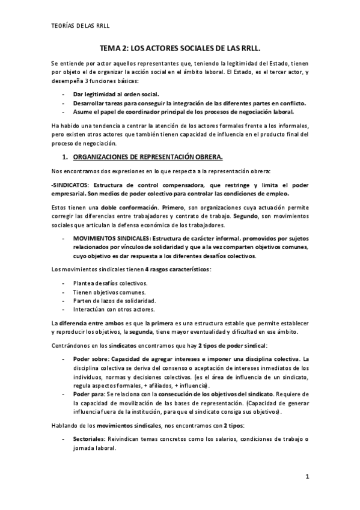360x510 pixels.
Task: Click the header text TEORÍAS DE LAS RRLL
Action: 82,26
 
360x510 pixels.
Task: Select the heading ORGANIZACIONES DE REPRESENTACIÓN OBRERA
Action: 147,158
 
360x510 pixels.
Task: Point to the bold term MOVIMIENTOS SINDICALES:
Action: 112,239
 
